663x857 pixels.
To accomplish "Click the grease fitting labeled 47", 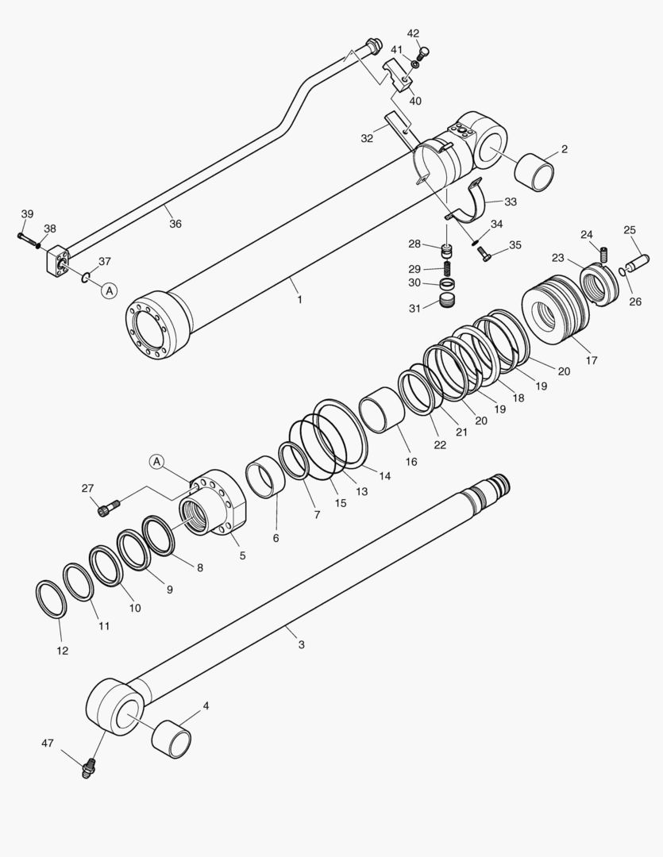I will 88,768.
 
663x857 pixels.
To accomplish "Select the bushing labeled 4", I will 172,736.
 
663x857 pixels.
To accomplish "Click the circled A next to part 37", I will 109,290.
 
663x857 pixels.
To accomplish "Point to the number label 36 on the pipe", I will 175,224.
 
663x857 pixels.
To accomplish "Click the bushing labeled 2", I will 533,170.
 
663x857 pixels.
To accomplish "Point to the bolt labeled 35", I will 484,254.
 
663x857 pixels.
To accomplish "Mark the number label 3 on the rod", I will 301,644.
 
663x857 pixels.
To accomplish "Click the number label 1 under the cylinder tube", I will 299,300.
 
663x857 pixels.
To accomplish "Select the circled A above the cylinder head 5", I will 157,461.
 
